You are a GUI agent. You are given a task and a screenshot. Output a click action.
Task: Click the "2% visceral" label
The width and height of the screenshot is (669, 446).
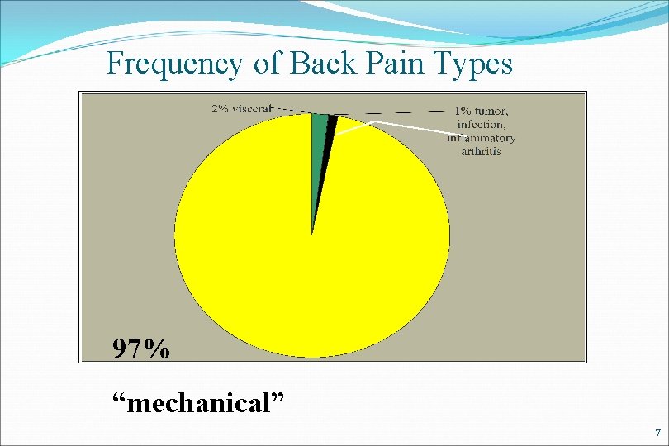[x=241, y=108]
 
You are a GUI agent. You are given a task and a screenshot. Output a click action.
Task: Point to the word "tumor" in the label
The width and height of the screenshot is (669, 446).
[x=494, y=111]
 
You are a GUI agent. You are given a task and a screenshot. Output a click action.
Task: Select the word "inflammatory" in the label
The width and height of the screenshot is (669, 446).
[x=482, y=138]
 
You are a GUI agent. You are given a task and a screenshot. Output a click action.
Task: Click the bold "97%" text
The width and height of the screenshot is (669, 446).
[x=142, y=349]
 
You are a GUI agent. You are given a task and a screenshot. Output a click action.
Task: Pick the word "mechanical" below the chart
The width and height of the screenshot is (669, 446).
[x=199, y=404]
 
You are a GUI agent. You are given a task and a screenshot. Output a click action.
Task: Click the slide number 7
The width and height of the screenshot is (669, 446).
[x=657, y=434]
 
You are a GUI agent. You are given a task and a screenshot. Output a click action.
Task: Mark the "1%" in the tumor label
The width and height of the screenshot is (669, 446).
[x=463, y=111]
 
